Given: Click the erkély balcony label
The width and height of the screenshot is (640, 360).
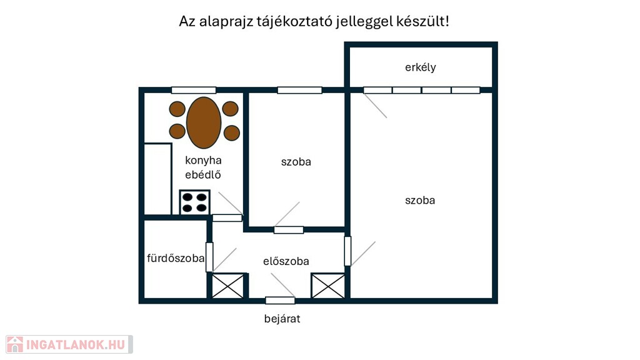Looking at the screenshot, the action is click(421, 67).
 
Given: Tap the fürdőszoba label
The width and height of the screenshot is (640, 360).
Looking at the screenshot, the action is click(176, 258).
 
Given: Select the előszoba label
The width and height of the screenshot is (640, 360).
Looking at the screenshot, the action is click(286, 261).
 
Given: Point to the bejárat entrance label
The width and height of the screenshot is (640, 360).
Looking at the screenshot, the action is click(282, 319).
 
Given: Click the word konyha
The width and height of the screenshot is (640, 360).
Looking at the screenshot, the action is click(203, 161).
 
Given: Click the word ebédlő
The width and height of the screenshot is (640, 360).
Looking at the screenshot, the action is click(203, 175).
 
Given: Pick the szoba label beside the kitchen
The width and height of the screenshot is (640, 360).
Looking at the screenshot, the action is click(296, 162).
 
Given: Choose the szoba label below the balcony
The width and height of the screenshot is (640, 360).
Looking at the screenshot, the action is click(420, 201).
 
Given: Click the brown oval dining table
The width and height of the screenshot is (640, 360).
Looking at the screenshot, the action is click(204, 122).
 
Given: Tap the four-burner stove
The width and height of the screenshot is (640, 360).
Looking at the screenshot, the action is click(195, 202).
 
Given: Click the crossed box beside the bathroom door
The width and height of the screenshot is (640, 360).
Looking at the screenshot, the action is click(227, 286).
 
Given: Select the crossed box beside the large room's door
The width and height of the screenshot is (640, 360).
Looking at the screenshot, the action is click(328, 286).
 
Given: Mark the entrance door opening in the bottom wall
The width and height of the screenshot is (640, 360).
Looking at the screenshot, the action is click(280, 301).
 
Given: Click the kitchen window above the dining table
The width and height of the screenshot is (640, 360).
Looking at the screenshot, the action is click(194, 90).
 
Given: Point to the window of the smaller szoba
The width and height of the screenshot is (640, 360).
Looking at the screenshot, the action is click(299, 90).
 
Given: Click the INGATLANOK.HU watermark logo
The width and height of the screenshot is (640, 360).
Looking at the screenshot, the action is click(69, 344).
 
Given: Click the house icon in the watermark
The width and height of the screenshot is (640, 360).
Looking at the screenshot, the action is click(15, 344).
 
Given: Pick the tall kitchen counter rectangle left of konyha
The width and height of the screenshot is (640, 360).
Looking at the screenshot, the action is click(157, 179).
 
